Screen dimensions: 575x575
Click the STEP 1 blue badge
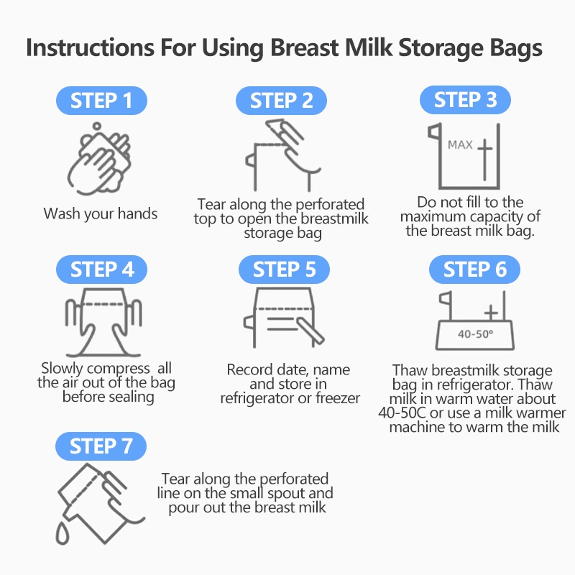click(101, 101)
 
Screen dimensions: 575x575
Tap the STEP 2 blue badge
click(281, 101)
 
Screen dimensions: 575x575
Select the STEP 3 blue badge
click(465, 100)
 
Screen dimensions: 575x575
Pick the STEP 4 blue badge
click(101, 270)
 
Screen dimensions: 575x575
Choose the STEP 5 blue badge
click(284, 270)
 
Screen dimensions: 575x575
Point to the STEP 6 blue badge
click(474, 270)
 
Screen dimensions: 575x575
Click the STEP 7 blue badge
click(101, 446)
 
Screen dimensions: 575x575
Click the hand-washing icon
click(99, 158)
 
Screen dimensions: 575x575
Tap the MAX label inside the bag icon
click(460, 145)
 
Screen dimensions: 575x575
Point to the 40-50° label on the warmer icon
click(475, 334)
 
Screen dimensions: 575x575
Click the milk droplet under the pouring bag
click(63, 533)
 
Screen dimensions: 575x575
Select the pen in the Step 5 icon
click(310, 331)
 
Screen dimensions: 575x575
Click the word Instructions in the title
click(91, 48)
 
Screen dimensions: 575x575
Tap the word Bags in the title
click(516, 48)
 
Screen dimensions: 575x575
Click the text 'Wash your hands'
click(101, 213)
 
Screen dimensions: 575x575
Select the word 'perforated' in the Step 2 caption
click(330, 205)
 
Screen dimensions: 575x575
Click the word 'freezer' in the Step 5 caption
click(338, 398)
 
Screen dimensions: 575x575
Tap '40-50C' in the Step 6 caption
click(402, 413)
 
